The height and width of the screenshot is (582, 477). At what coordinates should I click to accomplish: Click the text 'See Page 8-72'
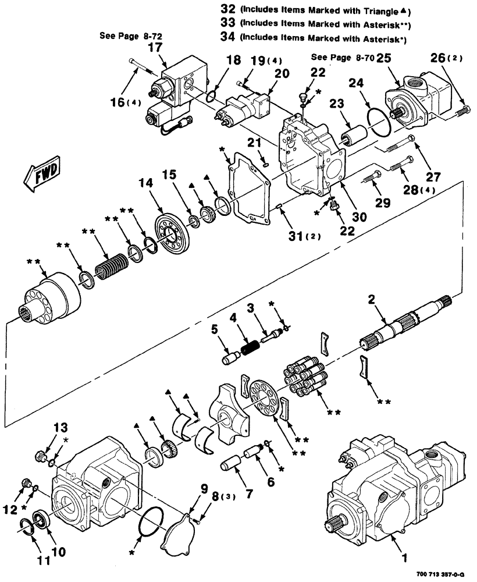(x=131, y=36)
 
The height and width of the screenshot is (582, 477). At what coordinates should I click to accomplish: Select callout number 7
(x=249, y=494)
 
